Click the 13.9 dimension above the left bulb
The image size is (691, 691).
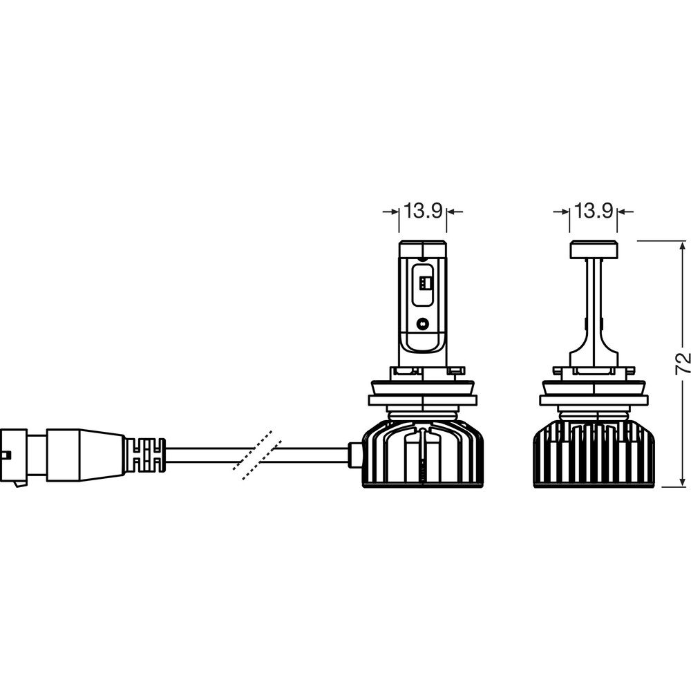pyautogui.click(x=423, y=211)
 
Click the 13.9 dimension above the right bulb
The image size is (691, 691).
pyautogui.click(x=593, y=211)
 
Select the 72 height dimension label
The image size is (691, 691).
pyautogui.click(x=682, y=363)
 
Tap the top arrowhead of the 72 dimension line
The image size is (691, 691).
pyautogui.click(x=682, y=247)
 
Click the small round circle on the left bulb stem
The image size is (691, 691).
pyautogui.click(x=423, y=323)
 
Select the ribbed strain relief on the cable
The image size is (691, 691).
pyautogui.click(x=145, y=455)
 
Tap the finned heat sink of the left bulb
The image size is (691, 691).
pyautogui.click(x=423, y=453)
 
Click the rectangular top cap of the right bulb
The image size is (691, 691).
pyautogui.click(x=593, y=249)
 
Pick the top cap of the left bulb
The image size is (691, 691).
pyautogui.click(x=423, y=249)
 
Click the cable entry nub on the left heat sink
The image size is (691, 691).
pyautogui.click(x=354, y=455)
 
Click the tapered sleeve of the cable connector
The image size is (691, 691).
pyautogui.click(x=86, y=455)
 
